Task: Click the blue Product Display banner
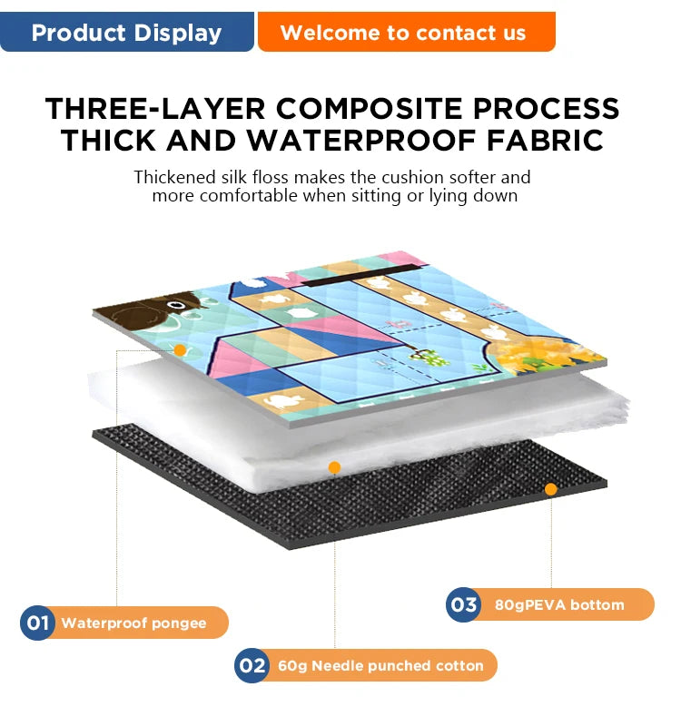pyautogui.click(x=126, y=32)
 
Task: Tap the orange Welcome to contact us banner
pyautogui.click(x=406, y=32)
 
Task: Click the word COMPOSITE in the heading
pyautogui.click(x=370, y=109)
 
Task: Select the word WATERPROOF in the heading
pyautogui.click(x=360, y=141)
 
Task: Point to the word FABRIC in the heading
pyautogui.click(x=546, y=141)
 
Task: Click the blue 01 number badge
pyautogui.click(x=37, y=623)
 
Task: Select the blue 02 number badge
pyautogui.click(x=252, y=665)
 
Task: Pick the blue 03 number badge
pyautogui.click(x=463, y=604)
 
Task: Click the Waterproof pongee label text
pyautogui.click(x=133, y=623)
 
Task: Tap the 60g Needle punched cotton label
pyautogui.click(x=380, y=666)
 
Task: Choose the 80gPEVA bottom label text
pyautogui.click(x=559, y=605)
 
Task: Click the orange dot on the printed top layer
pyautogui.click(x=180, y=350)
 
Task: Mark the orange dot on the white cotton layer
pyautogui.click(x=334, y=467)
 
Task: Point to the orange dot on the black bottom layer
pyautogui.click(x=551, y=489)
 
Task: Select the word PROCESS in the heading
pyautogui.click(x=547, y=109)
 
